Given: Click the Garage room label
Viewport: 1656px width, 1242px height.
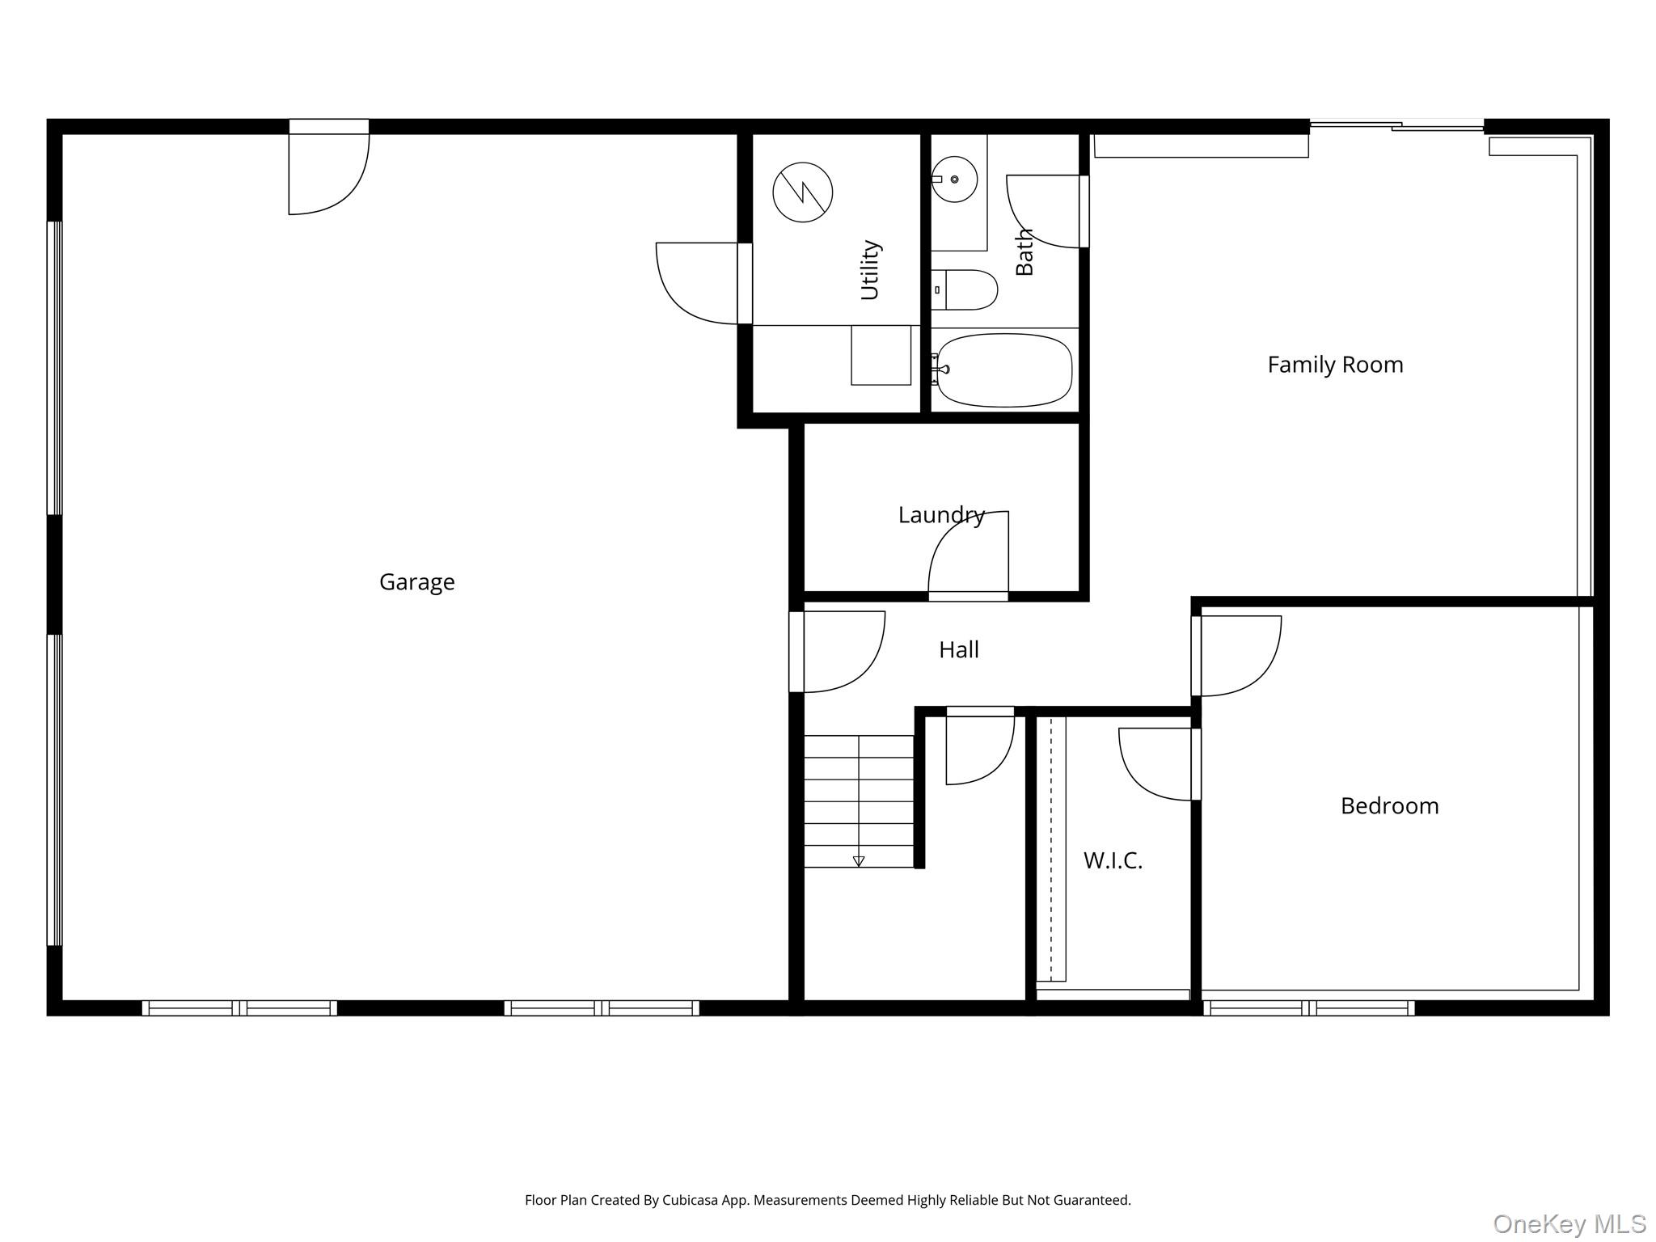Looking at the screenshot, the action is pos(416,582).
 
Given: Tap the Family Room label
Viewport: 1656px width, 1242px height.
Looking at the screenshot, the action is pos(1335,365).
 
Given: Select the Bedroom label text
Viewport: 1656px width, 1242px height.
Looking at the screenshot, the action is pos(1389,805).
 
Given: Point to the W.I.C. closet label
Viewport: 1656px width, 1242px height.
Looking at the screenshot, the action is pos(1113,860).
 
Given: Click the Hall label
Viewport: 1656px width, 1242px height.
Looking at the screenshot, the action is pos(958,649).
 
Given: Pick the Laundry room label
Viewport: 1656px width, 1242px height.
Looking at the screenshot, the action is pos(941,515).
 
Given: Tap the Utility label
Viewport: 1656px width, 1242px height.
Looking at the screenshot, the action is pos(870,270).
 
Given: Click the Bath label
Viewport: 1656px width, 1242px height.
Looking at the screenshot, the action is pos(1024,251).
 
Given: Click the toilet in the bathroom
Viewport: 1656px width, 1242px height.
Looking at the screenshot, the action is pos(964,289).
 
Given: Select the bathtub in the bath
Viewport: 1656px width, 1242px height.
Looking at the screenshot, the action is pos(1003,370).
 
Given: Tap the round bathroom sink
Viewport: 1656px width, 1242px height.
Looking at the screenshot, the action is pos(955,179).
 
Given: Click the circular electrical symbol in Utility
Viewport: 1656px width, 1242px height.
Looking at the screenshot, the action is pos(802,192).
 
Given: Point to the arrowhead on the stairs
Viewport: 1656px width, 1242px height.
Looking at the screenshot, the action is pos(859,861).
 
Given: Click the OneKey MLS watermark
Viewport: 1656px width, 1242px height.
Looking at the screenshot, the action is pos(1569,1223).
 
